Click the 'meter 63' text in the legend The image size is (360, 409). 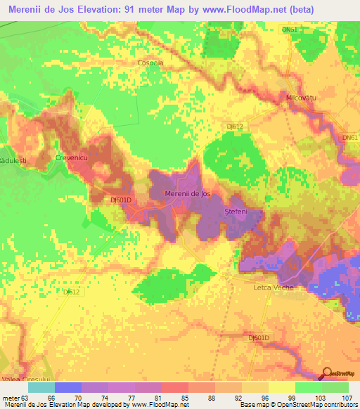tap(15, 398)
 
